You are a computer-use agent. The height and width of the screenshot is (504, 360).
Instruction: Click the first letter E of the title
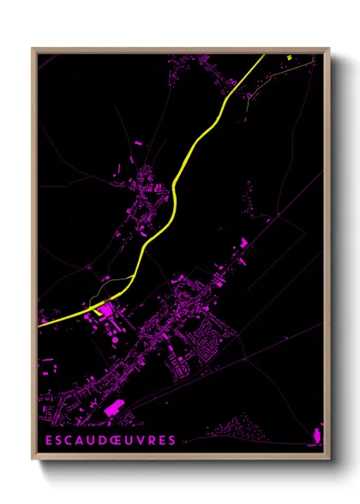pyautogui.click(x=48, y=441)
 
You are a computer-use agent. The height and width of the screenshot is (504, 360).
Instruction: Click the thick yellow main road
pyautogui.click(x=176, y=180)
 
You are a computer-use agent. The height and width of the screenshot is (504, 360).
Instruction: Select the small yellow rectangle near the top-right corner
pyautogui.click(x=291, y=57)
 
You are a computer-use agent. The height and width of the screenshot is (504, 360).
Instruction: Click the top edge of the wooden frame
pyautogui.click(x=180, y=51)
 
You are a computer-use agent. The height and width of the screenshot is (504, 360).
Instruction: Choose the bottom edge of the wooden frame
pyautogui.click(x=180, y=455)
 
